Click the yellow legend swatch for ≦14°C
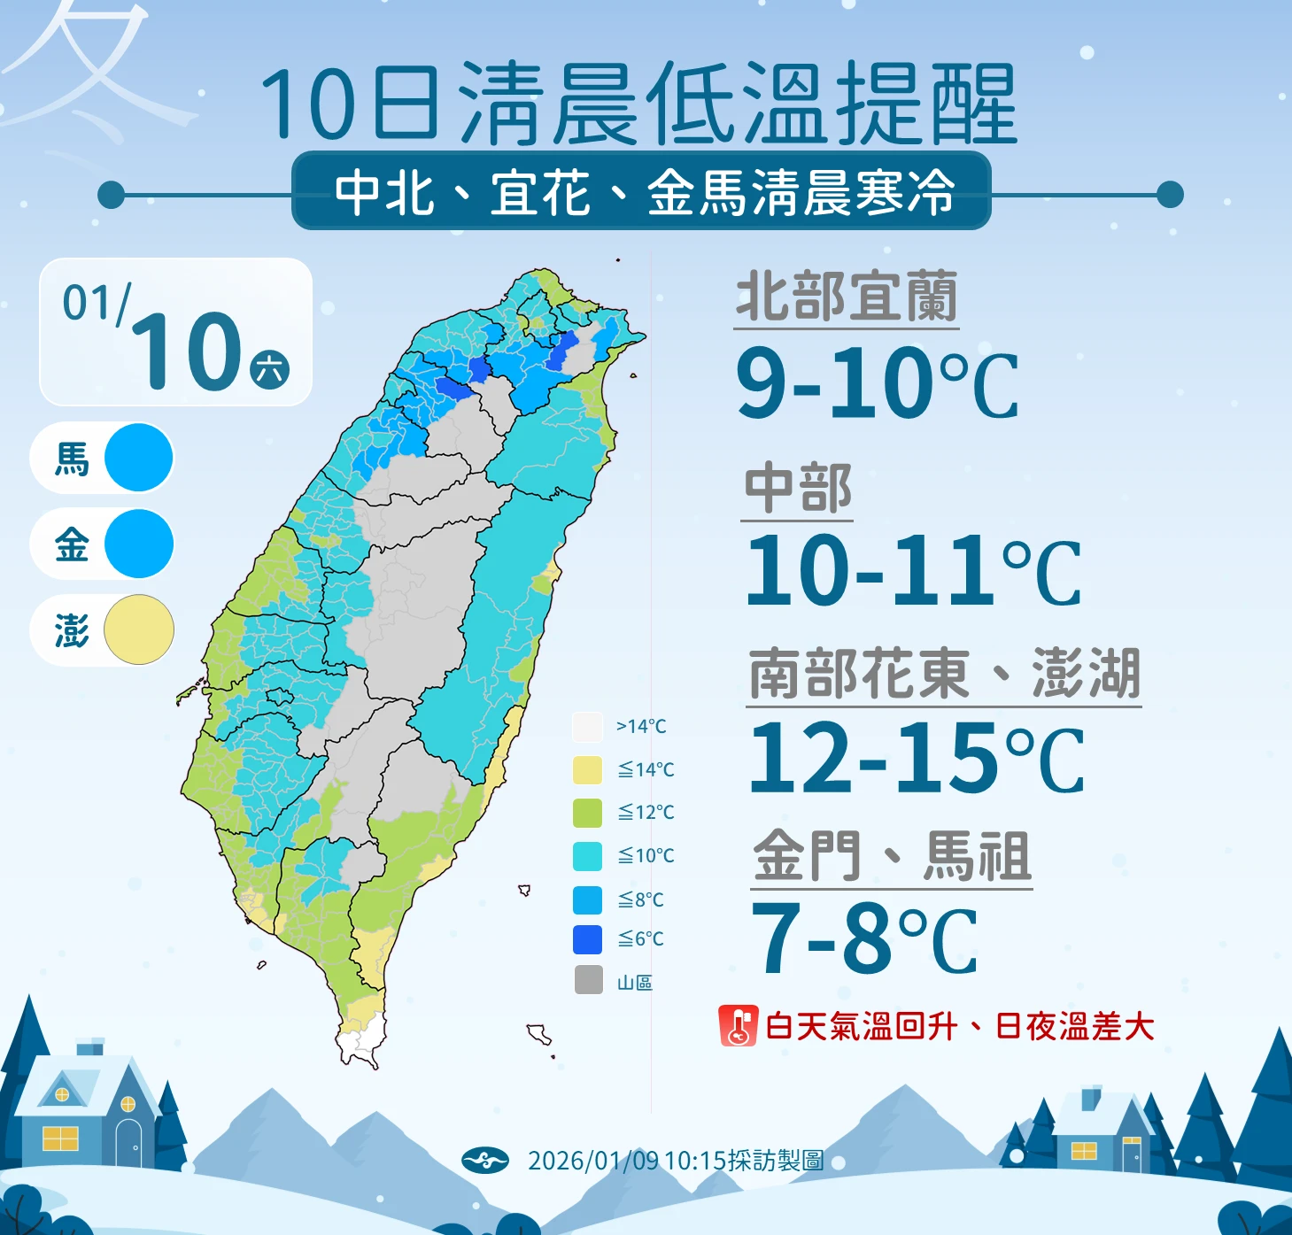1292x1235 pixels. [587, 769]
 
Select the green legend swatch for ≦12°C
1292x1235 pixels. [587, 812]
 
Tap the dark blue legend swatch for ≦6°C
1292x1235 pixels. [587, 939]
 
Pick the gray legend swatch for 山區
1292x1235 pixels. [587, 981]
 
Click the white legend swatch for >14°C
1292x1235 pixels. [587, 727]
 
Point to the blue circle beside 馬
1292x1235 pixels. [138, 458]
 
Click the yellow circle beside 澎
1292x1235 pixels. [138, 629]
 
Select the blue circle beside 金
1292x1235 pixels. [138, 544]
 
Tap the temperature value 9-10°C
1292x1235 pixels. [877, 383]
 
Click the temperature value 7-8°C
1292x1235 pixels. [863, 938]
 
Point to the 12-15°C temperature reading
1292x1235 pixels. [916, 758]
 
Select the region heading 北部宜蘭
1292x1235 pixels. [847, 297]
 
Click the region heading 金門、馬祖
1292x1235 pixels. [892, 856]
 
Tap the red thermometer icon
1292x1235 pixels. [738, 1026]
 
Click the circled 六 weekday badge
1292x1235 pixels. [270, 369]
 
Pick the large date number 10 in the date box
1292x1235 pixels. [188, 352]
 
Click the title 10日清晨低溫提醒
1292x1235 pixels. [638, 104]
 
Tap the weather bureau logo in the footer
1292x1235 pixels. [485, 1160]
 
